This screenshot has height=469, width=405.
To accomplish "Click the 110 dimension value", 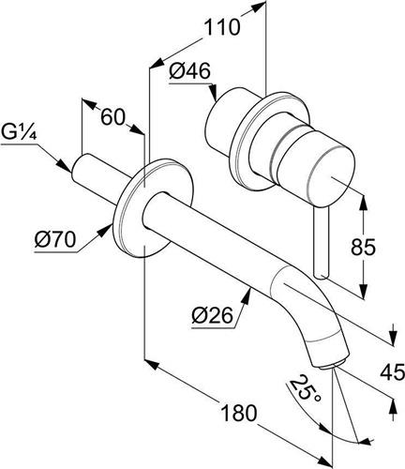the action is click(x=222, y=27).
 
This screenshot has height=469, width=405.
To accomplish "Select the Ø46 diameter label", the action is click(x=189, y=72).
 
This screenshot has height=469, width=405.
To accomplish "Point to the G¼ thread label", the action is click(x=19, y=134).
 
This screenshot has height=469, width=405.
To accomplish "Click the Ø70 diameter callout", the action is click(x=55, y=240).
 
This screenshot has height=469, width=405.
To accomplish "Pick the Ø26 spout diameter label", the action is click(x=213, y=315).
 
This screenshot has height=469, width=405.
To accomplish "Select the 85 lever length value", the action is click(x=363, y=247).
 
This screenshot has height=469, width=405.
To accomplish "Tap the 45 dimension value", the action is click(x=392, y=372).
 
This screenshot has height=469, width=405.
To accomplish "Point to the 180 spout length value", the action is click(x=239, y=413).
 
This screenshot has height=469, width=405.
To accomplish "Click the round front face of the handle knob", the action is click(x=332, y=177).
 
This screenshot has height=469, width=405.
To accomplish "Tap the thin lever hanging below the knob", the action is click(x=322, y=242).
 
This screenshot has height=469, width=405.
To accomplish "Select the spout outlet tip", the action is click(x=331, y=364).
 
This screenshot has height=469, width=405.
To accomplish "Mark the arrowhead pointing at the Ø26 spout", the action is click(x=247, y=295).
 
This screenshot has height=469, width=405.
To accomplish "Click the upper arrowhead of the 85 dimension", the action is click(x=363, y=202).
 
